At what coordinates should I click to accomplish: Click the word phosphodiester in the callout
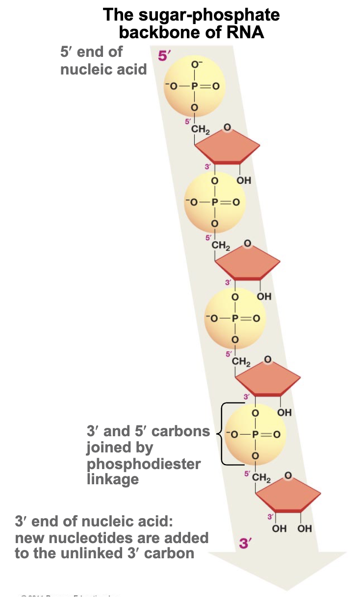(144, 463)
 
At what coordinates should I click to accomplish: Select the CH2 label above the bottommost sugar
(262, 478)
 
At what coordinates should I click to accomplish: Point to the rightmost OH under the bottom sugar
(304, 528)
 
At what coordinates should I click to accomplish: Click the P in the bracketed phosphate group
(255, 433)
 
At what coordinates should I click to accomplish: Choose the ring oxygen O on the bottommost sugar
(288, 474)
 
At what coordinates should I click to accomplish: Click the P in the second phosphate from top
(214, 202)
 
